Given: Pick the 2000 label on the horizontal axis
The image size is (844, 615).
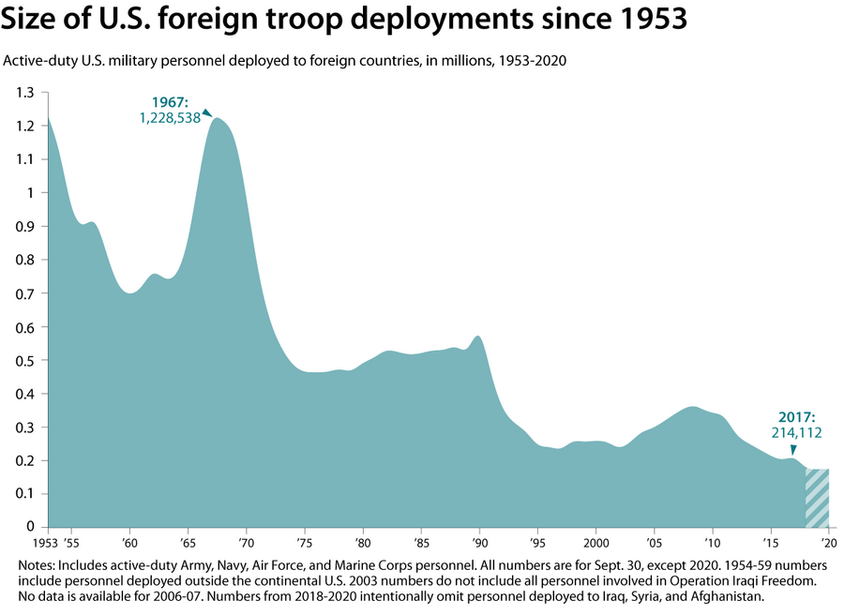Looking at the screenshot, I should click(x=596, y=543).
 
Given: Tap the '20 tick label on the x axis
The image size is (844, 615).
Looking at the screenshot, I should click(x=829, y=543).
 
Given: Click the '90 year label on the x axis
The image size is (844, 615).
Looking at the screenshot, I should click(x=479, y=543).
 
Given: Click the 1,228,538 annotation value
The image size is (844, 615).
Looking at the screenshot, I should click(x=169, y=118).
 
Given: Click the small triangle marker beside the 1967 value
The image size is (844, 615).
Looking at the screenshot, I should click(x=207, y=113).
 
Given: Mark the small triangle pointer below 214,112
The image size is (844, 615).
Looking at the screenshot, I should click(x=792, y=448).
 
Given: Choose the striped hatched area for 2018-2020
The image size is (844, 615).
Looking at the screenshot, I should click(x=817, y=497).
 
